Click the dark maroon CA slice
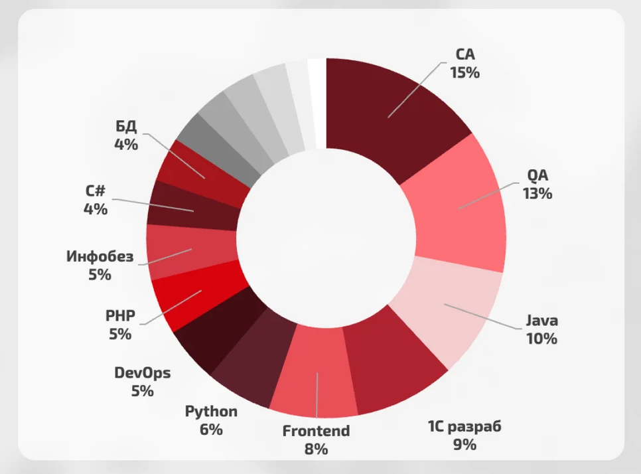tap(392, 113)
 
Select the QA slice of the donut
tap(458, 206)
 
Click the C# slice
tap(192, 209)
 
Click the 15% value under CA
tap(464, 72)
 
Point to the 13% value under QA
tap(537, 194)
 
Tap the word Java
tap(542, 321)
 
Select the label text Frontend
tap(316, 431)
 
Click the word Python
tap(211, 412)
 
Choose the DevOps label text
tap(142, 372)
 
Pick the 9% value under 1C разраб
tap(464, 444)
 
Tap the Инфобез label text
tap(100, 256)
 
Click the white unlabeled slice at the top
tap(317, 103)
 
